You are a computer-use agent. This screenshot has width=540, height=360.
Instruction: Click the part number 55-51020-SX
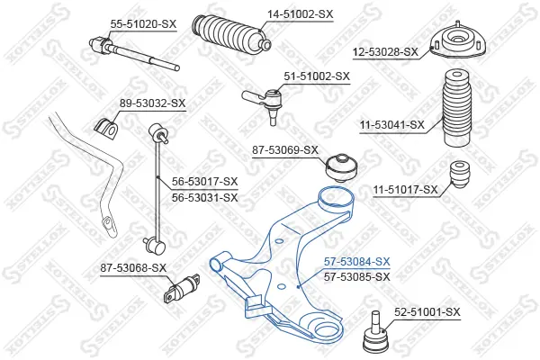pyautogui.click(x=143, y=24)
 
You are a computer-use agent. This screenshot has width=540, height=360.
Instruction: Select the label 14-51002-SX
pyautogui.click(x=301, y=14)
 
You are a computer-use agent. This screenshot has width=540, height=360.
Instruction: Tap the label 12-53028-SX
pyautogui.click(x=385, y=52)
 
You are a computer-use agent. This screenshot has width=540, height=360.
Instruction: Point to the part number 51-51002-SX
pyautogui.click(x=317, y=76)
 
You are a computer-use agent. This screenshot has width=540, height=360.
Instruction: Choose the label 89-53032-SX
pyautogui.click(x=153, y=103)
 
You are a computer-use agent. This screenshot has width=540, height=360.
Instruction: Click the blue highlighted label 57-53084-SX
pyautogui.click(x=357, y=262)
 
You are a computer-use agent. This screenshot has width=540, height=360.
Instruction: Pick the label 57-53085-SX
pyautogui.click(x=357, y=276)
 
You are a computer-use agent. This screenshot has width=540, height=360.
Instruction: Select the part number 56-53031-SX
pyautogui.click(x=205, y=198)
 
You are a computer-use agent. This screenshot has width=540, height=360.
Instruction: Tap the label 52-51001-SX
pyautogui.click(x=427, y=312)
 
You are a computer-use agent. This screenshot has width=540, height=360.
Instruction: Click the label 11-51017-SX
pyautogui.click(x=406, y=190)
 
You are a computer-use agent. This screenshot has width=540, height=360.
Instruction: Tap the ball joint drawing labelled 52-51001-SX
pyautogui.click(x=376, y=333)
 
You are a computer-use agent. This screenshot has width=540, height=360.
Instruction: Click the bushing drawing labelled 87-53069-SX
pyautogui.click(x=342, y=168)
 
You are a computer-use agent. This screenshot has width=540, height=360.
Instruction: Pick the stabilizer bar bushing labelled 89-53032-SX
pyautogui.click(x=106, y=127)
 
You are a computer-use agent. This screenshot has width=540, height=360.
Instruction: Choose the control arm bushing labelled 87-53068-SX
pyautogui.click(x=182, y=288)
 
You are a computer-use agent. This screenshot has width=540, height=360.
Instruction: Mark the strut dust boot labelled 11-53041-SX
pyautogui.click(x=456, y=108)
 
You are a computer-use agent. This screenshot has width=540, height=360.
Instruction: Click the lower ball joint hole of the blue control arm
pyautogui.click(x=326, y=330)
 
